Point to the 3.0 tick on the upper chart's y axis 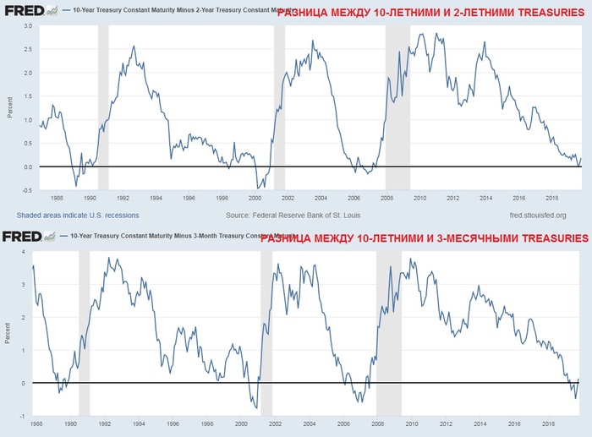tap(27, 26)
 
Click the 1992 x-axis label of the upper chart tap(123, 199)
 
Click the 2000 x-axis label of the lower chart tap(240, 423)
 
